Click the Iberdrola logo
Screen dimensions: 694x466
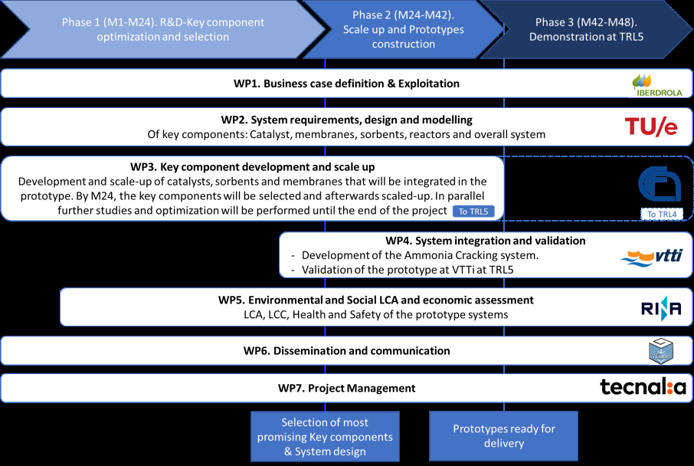pos(657,85)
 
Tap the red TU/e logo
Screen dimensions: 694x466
pos(651,126)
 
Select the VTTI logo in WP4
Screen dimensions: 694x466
pos(652,258)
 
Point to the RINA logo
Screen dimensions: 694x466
pos(661,308)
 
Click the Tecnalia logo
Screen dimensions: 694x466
pos(643,387)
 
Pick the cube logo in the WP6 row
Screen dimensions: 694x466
pos(661,351)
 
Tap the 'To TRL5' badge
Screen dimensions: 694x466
pos(473,212)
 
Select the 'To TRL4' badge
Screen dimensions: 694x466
pos(662,215)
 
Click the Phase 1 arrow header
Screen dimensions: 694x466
pos(163,29)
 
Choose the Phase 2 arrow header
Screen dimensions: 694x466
pos(403,29)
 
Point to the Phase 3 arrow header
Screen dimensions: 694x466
pos(586,29)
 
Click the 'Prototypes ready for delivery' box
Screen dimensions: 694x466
pos(504,436)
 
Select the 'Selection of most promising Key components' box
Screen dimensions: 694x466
pos(325,436)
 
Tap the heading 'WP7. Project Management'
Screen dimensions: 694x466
pos(346,388)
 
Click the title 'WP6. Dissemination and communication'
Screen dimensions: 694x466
pos(346,351)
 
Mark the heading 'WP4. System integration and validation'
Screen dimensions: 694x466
pos(485,241)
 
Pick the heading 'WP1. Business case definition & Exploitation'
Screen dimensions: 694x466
pos(346,84)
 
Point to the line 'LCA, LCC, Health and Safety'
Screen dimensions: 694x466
pos(376,314)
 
